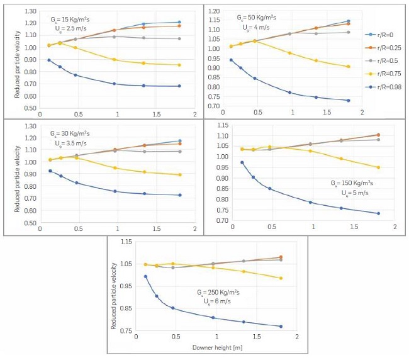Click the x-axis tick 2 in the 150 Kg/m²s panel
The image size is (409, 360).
pyautogui.click(x=395, y=227)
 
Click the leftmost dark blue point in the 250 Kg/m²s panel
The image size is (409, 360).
pyautogui.click(x=145, y=276)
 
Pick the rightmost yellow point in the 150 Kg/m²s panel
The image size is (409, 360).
pyautogui.click(x=378, y=167)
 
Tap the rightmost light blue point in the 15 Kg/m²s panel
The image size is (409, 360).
pyautogui.click(x=179, y=22)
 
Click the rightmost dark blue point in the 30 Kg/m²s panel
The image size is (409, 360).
pyautogui.click(x=180, y=195)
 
